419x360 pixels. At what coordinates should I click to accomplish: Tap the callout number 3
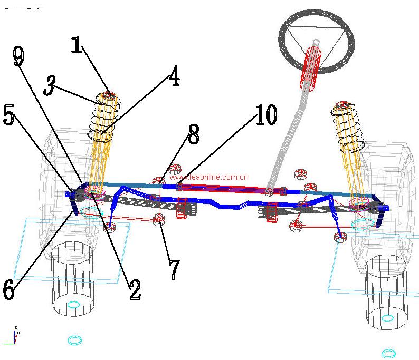[49, 85]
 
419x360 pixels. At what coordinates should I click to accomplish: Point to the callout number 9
[18, 56]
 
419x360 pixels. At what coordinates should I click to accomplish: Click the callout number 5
[9, 115]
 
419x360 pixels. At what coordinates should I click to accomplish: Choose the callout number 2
[135, 289]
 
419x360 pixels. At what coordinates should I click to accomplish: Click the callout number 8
[194, 134]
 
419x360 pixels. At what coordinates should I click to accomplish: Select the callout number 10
[266, 114]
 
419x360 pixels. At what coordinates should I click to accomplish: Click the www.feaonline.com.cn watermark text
[208, 178]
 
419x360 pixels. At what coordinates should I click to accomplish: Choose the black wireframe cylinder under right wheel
[387, 293]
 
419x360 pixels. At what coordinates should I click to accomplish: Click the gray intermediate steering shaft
[288, 142]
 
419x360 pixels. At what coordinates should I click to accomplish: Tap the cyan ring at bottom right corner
[389, 353]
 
